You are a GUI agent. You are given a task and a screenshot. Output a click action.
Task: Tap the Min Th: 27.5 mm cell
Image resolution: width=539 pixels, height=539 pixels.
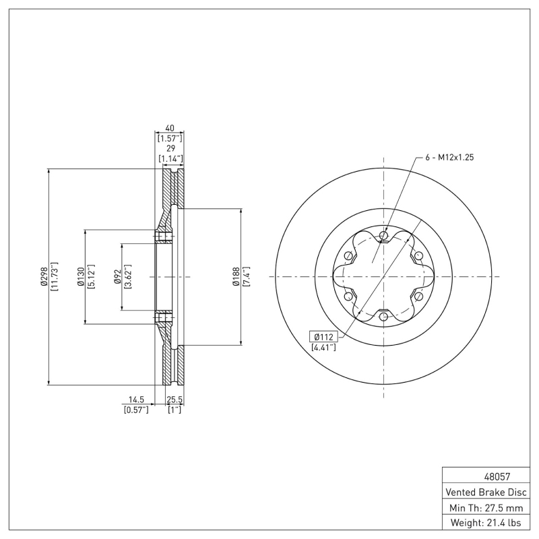point(485,507)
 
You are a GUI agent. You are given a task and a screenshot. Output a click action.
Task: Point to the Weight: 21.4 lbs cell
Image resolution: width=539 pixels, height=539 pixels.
point(485,522)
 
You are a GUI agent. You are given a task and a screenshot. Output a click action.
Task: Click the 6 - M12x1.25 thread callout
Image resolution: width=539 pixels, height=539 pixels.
point(450,157)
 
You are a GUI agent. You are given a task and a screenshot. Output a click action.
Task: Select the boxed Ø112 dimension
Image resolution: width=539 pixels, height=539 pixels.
point(323,336)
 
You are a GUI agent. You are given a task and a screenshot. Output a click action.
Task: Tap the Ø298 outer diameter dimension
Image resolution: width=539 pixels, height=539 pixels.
point(43,277)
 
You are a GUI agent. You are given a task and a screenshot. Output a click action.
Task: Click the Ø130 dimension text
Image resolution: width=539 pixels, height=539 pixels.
point(80,277)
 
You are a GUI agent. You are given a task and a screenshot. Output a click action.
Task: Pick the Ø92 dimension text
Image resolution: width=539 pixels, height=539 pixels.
point(117,277)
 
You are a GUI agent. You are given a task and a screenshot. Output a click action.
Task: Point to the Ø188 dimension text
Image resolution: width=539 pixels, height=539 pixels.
point(236,277)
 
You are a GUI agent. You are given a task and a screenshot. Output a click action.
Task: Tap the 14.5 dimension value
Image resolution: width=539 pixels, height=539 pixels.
point(136,400)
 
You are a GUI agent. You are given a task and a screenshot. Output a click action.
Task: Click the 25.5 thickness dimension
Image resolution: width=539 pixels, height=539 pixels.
point(175,400)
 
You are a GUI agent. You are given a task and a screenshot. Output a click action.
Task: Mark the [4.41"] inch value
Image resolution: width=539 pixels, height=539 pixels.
point(323,348)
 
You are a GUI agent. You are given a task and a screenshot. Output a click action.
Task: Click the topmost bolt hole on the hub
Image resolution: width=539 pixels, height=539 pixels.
point(383,235)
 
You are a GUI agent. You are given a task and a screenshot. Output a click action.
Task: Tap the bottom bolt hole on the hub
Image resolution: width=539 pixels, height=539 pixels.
point(383,317)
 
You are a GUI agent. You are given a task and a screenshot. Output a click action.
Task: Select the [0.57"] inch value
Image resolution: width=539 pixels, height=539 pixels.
point(136,410)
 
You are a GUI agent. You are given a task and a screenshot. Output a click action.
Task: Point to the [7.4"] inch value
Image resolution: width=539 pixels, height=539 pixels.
point(247,277)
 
